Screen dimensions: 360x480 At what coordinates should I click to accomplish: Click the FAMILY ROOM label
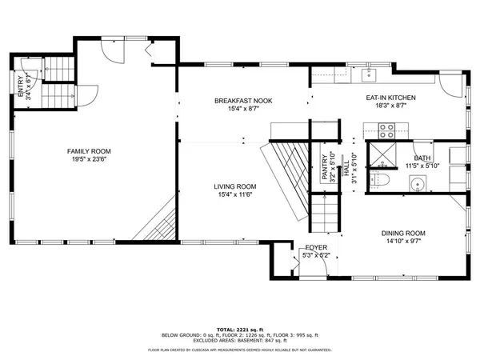[89, 151]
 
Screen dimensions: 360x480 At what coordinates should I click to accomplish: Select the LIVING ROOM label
[234, 186]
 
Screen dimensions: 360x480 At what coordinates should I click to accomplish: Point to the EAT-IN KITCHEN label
[390, 98]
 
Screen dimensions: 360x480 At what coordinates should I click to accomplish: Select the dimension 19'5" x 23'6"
[89, 159]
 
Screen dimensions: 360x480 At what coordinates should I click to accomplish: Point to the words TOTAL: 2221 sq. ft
[240, 318]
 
